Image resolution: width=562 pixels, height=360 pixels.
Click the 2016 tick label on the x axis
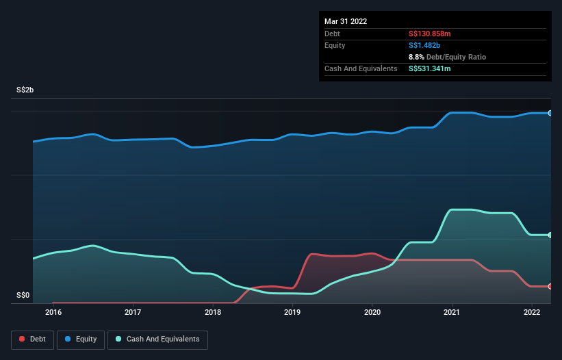point(53,312)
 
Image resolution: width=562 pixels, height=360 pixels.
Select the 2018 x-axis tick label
point(213,312)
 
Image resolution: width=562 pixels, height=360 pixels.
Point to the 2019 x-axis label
point(292,312)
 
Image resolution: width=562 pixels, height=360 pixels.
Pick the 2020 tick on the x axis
point(372,312)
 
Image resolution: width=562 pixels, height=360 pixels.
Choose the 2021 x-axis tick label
point(452,312)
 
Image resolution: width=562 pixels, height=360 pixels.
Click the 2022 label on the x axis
point(532,312)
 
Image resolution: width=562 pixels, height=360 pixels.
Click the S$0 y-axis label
point(23,296)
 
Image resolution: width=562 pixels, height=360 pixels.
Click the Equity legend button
point(81,339)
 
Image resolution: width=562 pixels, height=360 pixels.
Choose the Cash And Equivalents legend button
point(157,339)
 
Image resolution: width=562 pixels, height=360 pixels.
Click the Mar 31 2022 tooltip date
point(346,21)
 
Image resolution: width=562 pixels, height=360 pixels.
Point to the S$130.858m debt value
point(430,34)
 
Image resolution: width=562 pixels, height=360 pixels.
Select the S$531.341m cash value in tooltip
point(430,68)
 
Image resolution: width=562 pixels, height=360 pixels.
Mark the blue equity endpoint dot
point(550,113)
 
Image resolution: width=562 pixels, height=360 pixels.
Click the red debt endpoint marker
point(550,286)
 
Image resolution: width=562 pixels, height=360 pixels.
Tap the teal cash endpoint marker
point(550,235)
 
